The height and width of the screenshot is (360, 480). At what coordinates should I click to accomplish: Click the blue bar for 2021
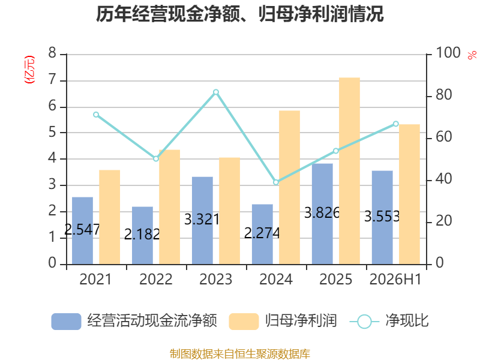pos(82,230)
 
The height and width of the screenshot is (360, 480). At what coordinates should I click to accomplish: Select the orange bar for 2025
pos(349,171)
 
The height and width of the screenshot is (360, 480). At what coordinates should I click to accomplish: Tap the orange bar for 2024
pos(289,187)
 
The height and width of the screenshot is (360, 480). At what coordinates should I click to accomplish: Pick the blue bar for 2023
pos(202,220)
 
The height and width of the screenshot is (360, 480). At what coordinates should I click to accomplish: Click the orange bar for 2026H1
pos(409,194)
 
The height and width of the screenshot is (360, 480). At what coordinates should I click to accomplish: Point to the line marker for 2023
pos(216,92)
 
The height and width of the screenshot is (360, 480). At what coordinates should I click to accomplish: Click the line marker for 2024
pos(276,182)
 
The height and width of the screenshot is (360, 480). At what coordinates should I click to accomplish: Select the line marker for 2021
pos(96,115)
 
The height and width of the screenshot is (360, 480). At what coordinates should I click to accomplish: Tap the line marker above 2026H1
pos(396,124)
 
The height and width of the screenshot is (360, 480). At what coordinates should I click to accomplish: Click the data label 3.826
pos(322,213)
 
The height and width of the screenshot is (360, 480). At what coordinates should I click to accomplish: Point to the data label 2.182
pos(142,235)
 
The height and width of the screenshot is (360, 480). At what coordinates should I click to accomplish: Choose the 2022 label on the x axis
pos(156,279)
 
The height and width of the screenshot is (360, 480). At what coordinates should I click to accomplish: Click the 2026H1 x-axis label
pos(395,279)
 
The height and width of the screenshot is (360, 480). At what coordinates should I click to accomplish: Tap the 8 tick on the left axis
pos(52,53)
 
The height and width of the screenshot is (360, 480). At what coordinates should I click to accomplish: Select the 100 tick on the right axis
pos(448,53)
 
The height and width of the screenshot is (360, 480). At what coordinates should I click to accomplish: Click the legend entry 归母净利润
pos(301,321)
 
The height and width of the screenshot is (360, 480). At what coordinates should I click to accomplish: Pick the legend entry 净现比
pos(407,321)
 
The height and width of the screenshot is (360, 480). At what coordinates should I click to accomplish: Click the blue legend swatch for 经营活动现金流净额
pos(66,322)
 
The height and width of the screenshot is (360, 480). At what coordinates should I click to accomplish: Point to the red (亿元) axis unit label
pos(29,70)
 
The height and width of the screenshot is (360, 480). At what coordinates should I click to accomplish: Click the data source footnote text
pos(240,354)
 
